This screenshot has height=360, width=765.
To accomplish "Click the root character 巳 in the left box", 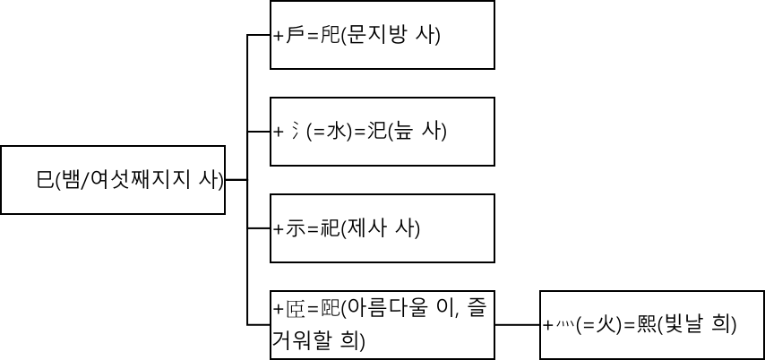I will (x=45, y=180).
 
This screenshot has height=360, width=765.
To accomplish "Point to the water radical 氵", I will (x=292, y=132).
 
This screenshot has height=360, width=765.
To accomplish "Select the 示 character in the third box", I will (x=295, y=228).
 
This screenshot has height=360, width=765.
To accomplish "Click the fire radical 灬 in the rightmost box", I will (x=562, y=325).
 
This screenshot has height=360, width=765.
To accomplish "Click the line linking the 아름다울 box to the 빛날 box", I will (x=517, y=324).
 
